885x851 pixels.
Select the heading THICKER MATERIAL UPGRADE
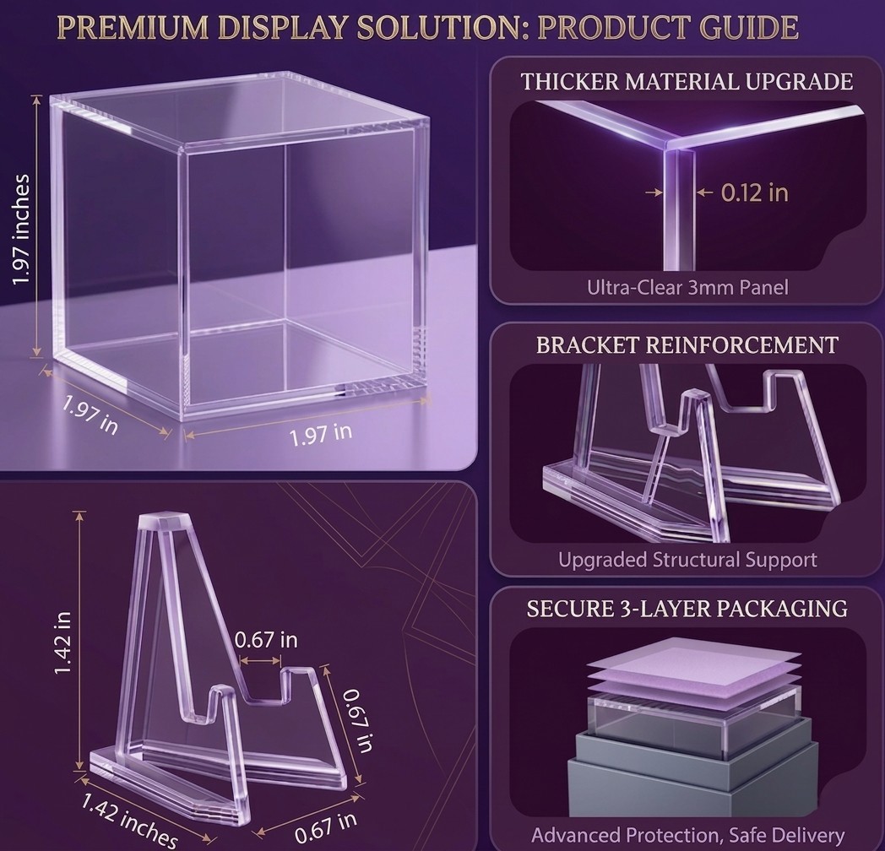[x=687, y=82]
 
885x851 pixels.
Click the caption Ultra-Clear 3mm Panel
[x=687, y=288]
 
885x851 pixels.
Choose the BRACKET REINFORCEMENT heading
[x=687, y=345]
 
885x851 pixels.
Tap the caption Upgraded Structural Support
[x=687, y=560]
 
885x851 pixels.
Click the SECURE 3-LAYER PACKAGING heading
[x=687, y=609]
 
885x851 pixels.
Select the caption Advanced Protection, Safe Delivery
[x=687, y=835]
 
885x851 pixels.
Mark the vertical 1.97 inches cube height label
[x=21, y=230]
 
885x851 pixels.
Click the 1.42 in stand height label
[x=62, y=642]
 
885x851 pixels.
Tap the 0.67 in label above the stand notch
[x=265, y=640]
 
